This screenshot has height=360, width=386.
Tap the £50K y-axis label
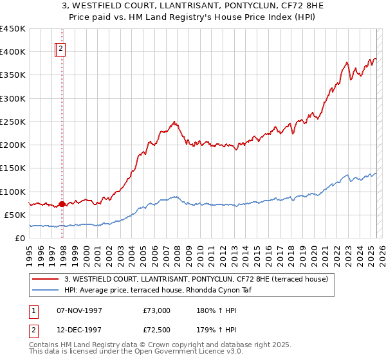pyautogui.click(x=15, y=215)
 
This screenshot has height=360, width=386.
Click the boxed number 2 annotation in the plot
pyautogui.click(x=60, y=49)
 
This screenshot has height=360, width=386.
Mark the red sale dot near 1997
pyautogui.click(x=62, y=204)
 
